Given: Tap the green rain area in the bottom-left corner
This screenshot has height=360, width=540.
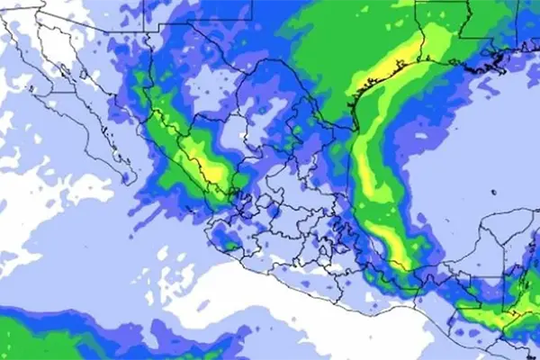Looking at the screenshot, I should coord(36,337).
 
